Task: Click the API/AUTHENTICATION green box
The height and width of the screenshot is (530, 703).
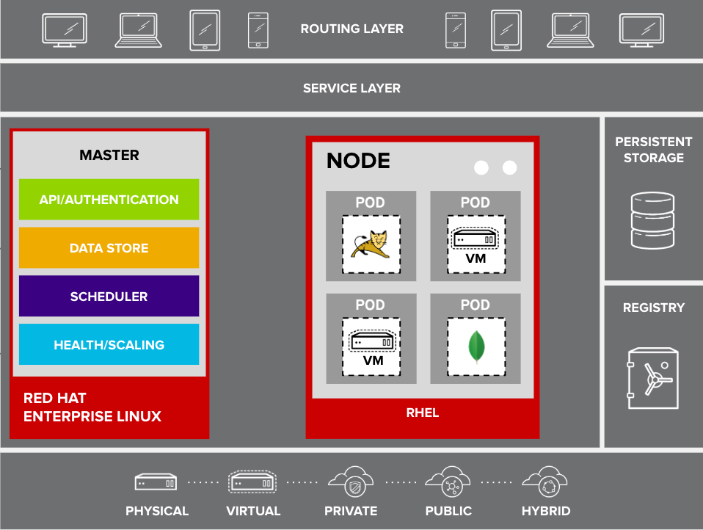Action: pos(109,200)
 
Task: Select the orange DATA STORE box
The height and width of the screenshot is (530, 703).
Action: pos(109,248)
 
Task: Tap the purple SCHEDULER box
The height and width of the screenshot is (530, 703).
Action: pos(109,297)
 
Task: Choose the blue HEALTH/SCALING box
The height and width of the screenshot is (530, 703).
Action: pos(109,345)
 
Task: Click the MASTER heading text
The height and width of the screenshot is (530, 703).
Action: pos(109,155)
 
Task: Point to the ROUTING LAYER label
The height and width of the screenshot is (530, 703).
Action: pos(351,29)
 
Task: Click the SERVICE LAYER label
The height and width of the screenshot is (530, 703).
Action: pos(351,88)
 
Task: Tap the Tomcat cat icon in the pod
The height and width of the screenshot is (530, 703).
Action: pos(371,244)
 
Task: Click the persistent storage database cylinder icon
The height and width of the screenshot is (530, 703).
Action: pos(652,220)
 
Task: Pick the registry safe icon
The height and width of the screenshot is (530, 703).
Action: pos(652,378)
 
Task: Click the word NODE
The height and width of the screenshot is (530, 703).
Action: pos(358,161)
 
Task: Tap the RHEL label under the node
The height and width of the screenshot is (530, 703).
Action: pos(422,413)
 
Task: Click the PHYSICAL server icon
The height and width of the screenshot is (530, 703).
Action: pos(156,482)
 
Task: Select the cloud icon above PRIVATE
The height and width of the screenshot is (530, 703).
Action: pos(350,482)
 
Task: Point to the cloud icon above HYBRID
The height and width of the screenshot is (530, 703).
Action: pos(545,482)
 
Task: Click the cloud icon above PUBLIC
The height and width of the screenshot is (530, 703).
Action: pos(448,482)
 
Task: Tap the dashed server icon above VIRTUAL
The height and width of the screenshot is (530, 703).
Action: pos(252,482)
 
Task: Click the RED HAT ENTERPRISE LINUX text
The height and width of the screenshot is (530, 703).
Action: pos(92,407)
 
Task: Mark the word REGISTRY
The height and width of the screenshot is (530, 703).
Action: pos(653,308)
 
